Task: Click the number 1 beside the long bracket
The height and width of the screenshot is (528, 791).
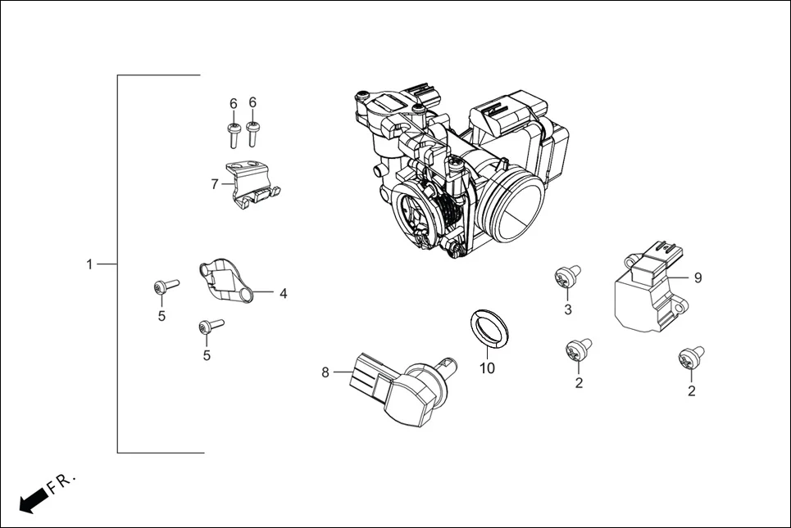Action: (x=89, y=264)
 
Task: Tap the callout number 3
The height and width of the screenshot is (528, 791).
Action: (x=566, y=309)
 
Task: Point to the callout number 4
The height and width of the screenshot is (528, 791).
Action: (x=282, y=293)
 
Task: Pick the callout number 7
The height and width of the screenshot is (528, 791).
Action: (x=214, y=184)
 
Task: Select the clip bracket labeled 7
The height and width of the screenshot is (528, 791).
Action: (x=252, y=187)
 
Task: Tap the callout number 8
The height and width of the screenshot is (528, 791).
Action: (x=325, y=372)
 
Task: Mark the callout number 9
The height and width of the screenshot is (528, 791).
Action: (x=698, y=278)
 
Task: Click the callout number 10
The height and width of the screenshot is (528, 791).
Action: (x=487, y=368)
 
